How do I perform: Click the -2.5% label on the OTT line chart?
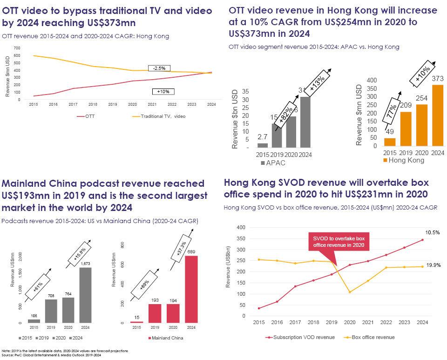pyautogui.click(x=159, y=68)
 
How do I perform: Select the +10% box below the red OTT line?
pyautogui.click(x=163, y=92)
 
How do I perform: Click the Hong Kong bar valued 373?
pyautogui.click(x=434, y=115)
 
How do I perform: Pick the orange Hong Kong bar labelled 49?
pyautogui.click(x=389, y=142)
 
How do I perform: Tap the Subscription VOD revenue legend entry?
pyautogui.click(x=298, y=337)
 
